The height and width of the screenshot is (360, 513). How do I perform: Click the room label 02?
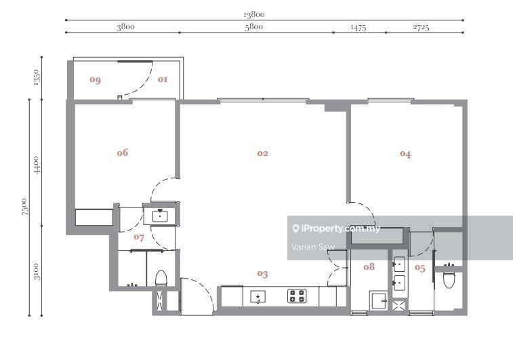click(x=262, y=153)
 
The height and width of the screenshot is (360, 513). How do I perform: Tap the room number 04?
click(x=405, y=154)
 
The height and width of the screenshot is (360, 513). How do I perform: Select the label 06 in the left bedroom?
click(x=122, y=153)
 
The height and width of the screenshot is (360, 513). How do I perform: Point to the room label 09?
click(x=95, y=79)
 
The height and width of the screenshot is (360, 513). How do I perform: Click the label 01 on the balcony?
click(x=163, y=79)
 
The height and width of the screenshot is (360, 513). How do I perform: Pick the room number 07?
click(x=139, y=237)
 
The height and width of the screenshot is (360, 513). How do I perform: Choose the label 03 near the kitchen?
click(x=262, y=274)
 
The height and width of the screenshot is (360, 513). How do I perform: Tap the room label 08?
click(x=369, y=266)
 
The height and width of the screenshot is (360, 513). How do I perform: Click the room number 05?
click(x=420, y=268)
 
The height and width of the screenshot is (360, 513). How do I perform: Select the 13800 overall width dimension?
click(x=254, y=14)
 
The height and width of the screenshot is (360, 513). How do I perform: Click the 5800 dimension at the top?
click(x=254, y=27)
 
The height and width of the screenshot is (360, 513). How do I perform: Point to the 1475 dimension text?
click(x=358, y=27)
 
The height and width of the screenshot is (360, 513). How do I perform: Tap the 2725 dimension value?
click(x=420, y=27)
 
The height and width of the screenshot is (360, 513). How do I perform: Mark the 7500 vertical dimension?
click(x=24, y=207)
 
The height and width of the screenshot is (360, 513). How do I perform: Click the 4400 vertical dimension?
click(x=37, y=165)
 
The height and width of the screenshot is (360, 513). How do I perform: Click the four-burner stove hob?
click(x=296, y=296)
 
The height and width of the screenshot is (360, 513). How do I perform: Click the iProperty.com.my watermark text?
click(x=335, y=228)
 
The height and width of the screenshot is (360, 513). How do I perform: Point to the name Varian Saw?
click(x=313, y=247)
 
